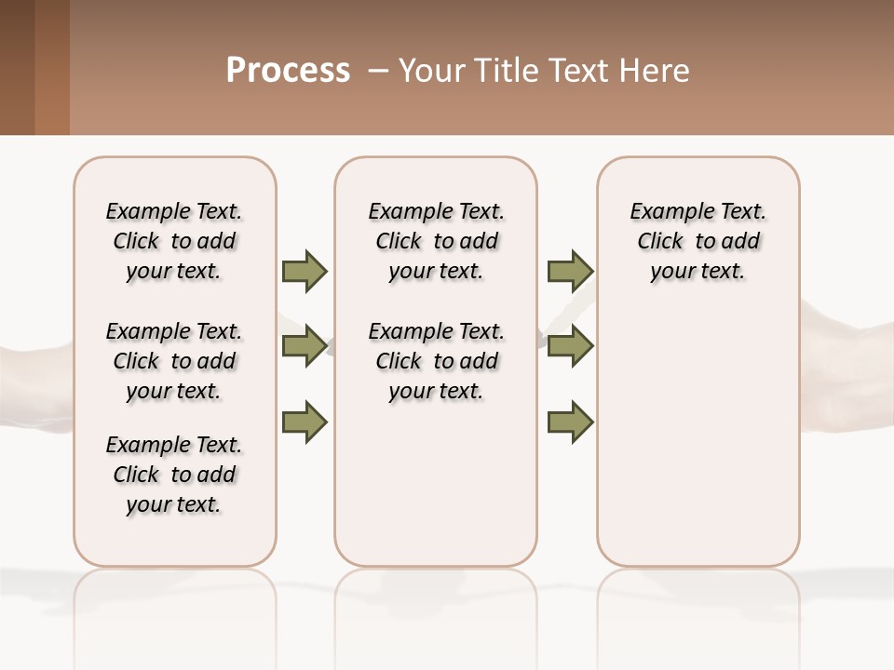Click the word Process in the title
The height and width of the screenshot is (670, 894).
[x=288, y=71]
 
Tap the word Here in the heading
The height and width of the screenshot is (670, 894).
[x=656, y=71]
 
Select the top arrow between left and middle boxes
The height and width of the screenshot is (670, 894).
[x=305, y=271]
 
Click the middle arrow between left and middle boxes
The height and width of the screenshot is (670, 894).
[x=305, y=346]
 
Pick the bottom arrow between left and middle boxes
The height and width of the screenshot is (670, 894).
[x=305, y=422]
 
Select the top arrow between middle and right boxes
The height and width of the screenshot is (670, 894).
[x=570, y=271]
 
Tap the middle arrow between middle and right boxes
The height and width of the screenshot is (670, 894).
[x=570, y=346]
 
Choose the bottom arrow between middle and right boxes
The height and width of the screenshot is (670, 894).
[x=570, y=422]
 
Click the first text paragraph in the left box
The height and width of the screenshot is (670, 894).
[x=174, y=241]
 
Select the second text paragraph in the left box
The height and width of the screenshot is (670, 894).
[x=174, y=361]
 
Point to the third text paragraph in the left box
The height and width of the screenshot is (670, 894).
[x=174, y=475]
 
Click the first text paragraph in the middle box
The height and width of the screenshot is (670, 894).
[x=436, y=241]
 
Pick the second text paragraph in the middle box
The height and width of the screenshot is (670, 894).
[x=436, y=361]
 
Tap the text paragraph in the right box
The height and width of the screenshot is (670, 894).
[x=698, y=241]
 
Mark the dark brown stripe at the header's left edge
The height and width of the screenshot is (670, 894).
[x=17, y=67]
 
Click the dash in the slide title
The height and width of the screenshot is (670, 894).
[x=378, y=71]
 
